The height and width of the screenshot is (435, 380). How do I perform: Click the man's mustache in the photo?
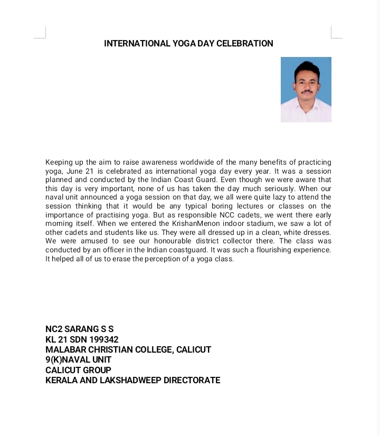point(307,91)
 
